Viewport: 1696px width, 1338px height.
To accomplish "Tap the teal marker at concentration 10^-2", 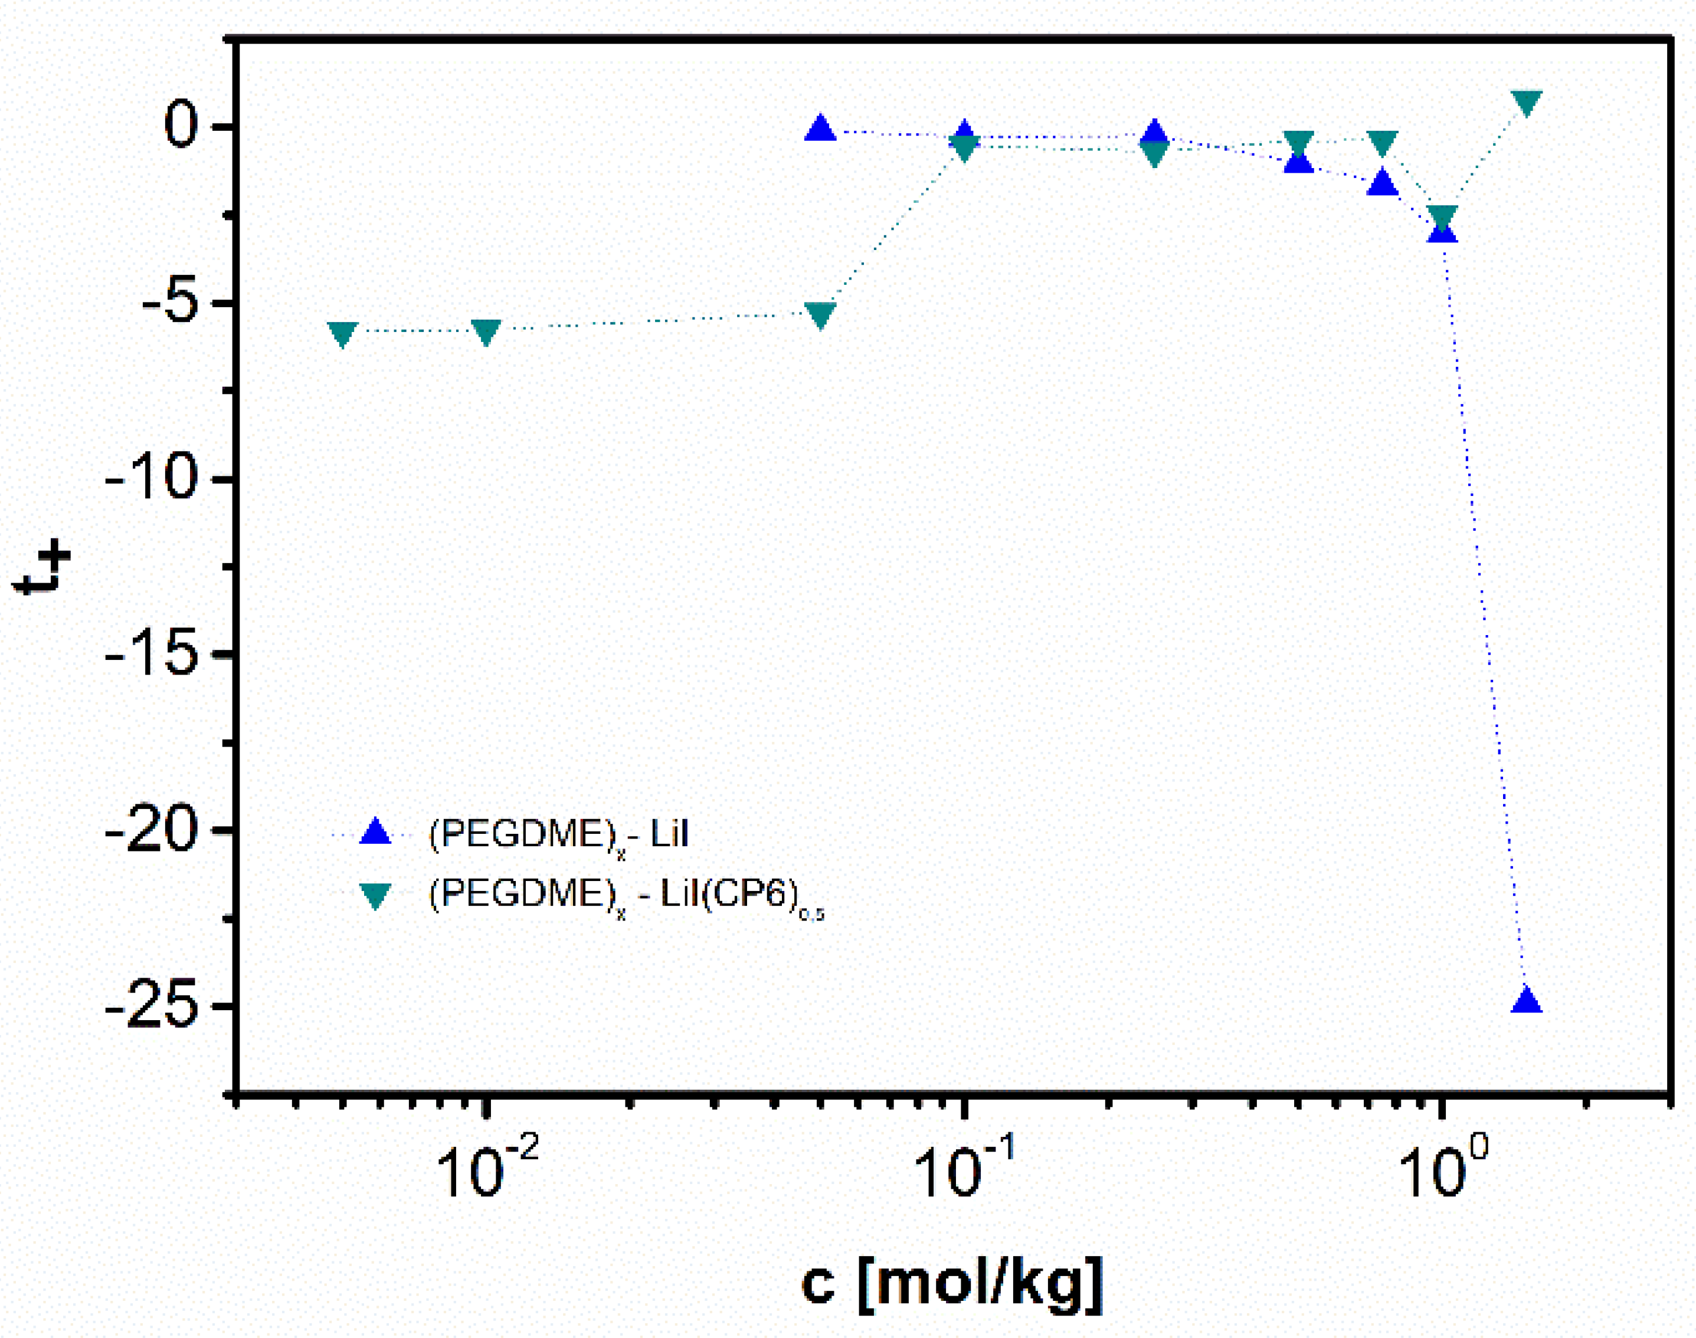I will [486, 332].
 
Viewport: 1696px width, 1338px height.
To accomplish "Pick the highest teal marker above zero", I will [1527, 103].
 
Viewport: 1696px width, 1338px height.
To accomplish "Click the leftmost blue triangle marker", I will [820, 129].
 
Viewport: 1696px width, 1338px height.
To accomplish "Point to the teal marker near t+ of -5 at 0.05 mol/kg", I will [820, 315].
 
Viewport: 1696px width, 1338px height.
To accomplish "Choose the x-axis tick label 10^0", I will [1442, 1169].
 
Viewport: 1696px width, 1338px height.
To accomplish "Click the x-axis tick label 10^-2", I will [486, 1169].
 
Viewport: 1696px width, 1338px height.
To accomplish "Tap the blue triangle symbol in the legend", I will [375, 832].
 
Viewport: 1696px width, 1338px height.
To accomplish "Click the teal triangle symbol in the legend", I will [375, 895].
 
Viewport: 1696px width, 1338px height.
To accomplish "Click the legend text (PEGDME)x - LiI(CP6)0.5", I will [626, 895].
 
